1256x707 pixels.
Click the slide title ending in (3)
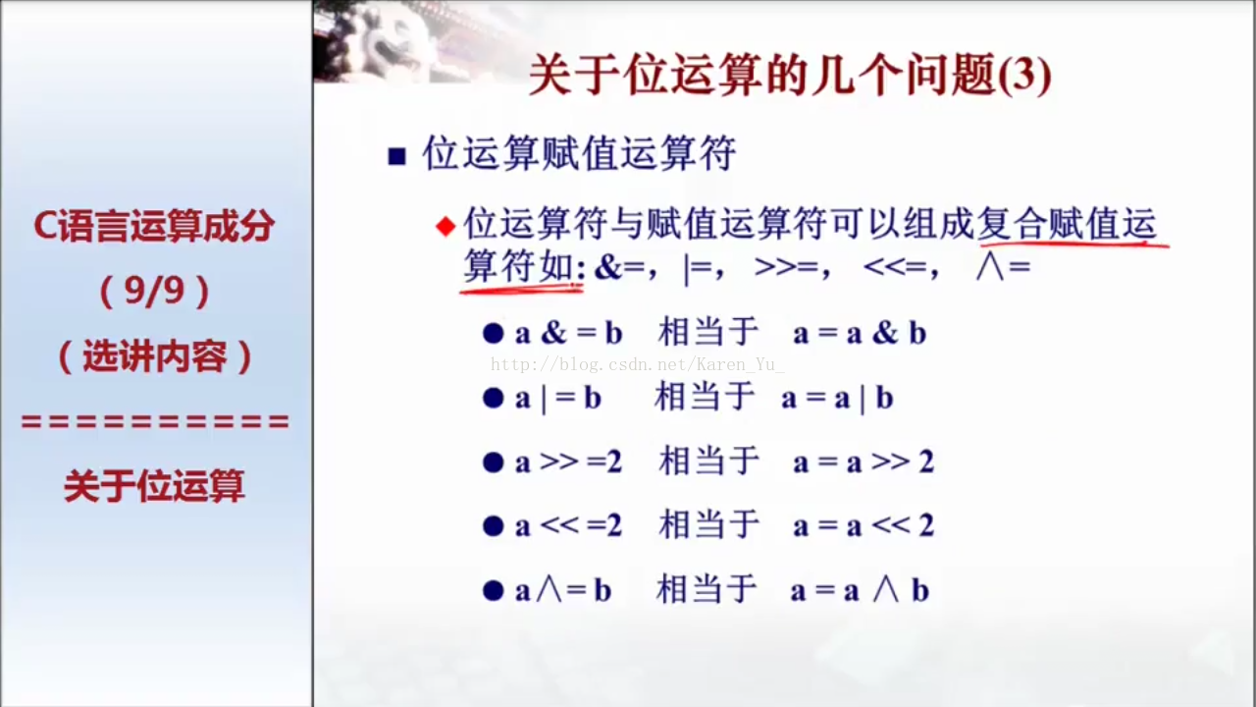click(x=790, y=75)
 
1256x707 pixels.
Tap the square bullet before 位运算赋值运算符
click(x=397, y=156)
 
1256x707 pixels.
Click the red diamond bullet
click(x=445, y=227)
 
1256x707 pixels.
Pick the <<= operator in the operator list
click(x=895, y=268)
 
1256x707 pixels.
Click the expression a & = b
click(x=569, y=333)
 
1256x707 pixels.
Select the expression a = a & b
click(x=860, y=333)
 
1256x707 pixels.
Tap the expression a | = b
click(x=558, y=399)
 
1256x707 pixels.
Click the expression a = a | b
click(x=837, y=399)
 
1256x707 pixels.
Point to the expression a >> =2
click(x=568, y=462)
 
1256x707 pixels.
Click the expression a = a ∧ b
click(x=860, y=591)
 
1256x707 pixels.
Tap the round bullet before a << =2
click(x=493, y=526)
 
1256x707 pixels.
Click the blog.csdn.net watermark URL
click(x=638, y=365)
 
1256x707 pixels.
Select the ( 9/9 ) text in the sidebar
click(x=154, y=292)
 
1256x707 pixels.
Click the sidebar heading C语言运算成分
click(x=154, y=227)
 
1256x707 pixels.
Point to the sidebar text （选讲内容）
click(x=155, y=357)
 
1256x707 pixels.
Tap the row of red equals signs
click(x=155, y=422)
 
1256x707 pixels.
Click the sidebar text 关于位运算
click(x=154, y=486)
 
